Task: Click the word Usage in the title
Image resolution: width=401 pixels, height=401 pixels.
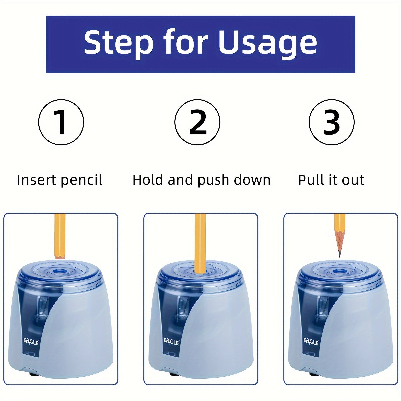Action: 268,43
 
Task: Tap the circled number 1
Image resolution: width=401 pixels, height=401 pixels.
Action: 61,122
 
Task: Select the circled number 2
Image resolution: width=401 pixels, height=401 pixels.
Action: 197,122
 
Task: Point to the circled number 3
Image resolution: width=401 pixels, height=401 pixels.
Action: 331,122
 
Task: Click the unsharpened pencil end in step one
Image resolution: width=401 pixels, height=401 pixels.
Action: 60,256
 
